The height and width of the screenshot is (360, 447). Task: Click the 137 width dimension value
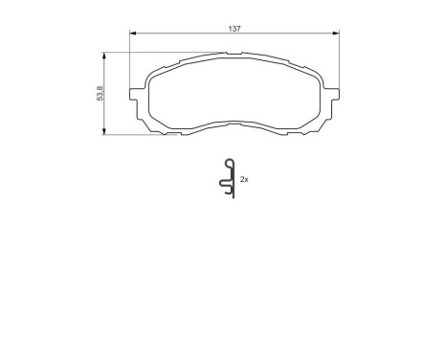(233, 30)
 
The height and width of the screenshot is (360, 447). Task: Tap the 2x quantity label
(245, 179)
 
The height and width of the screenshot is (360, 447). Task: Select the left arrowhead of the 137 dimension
(132, 34)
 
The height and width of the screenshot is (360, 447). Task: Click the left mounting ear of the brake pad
(136, 95)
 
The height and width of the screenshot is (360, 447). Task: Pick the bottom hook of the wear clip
(230, 195)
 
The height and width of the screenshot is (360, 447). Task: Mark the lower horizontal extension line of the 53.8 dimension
(129, 135)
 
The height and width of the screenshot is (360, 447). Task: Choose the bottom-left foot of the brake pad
(172, 132)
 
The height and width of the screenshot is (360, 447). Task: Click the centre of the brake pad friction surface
(235, 96)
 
